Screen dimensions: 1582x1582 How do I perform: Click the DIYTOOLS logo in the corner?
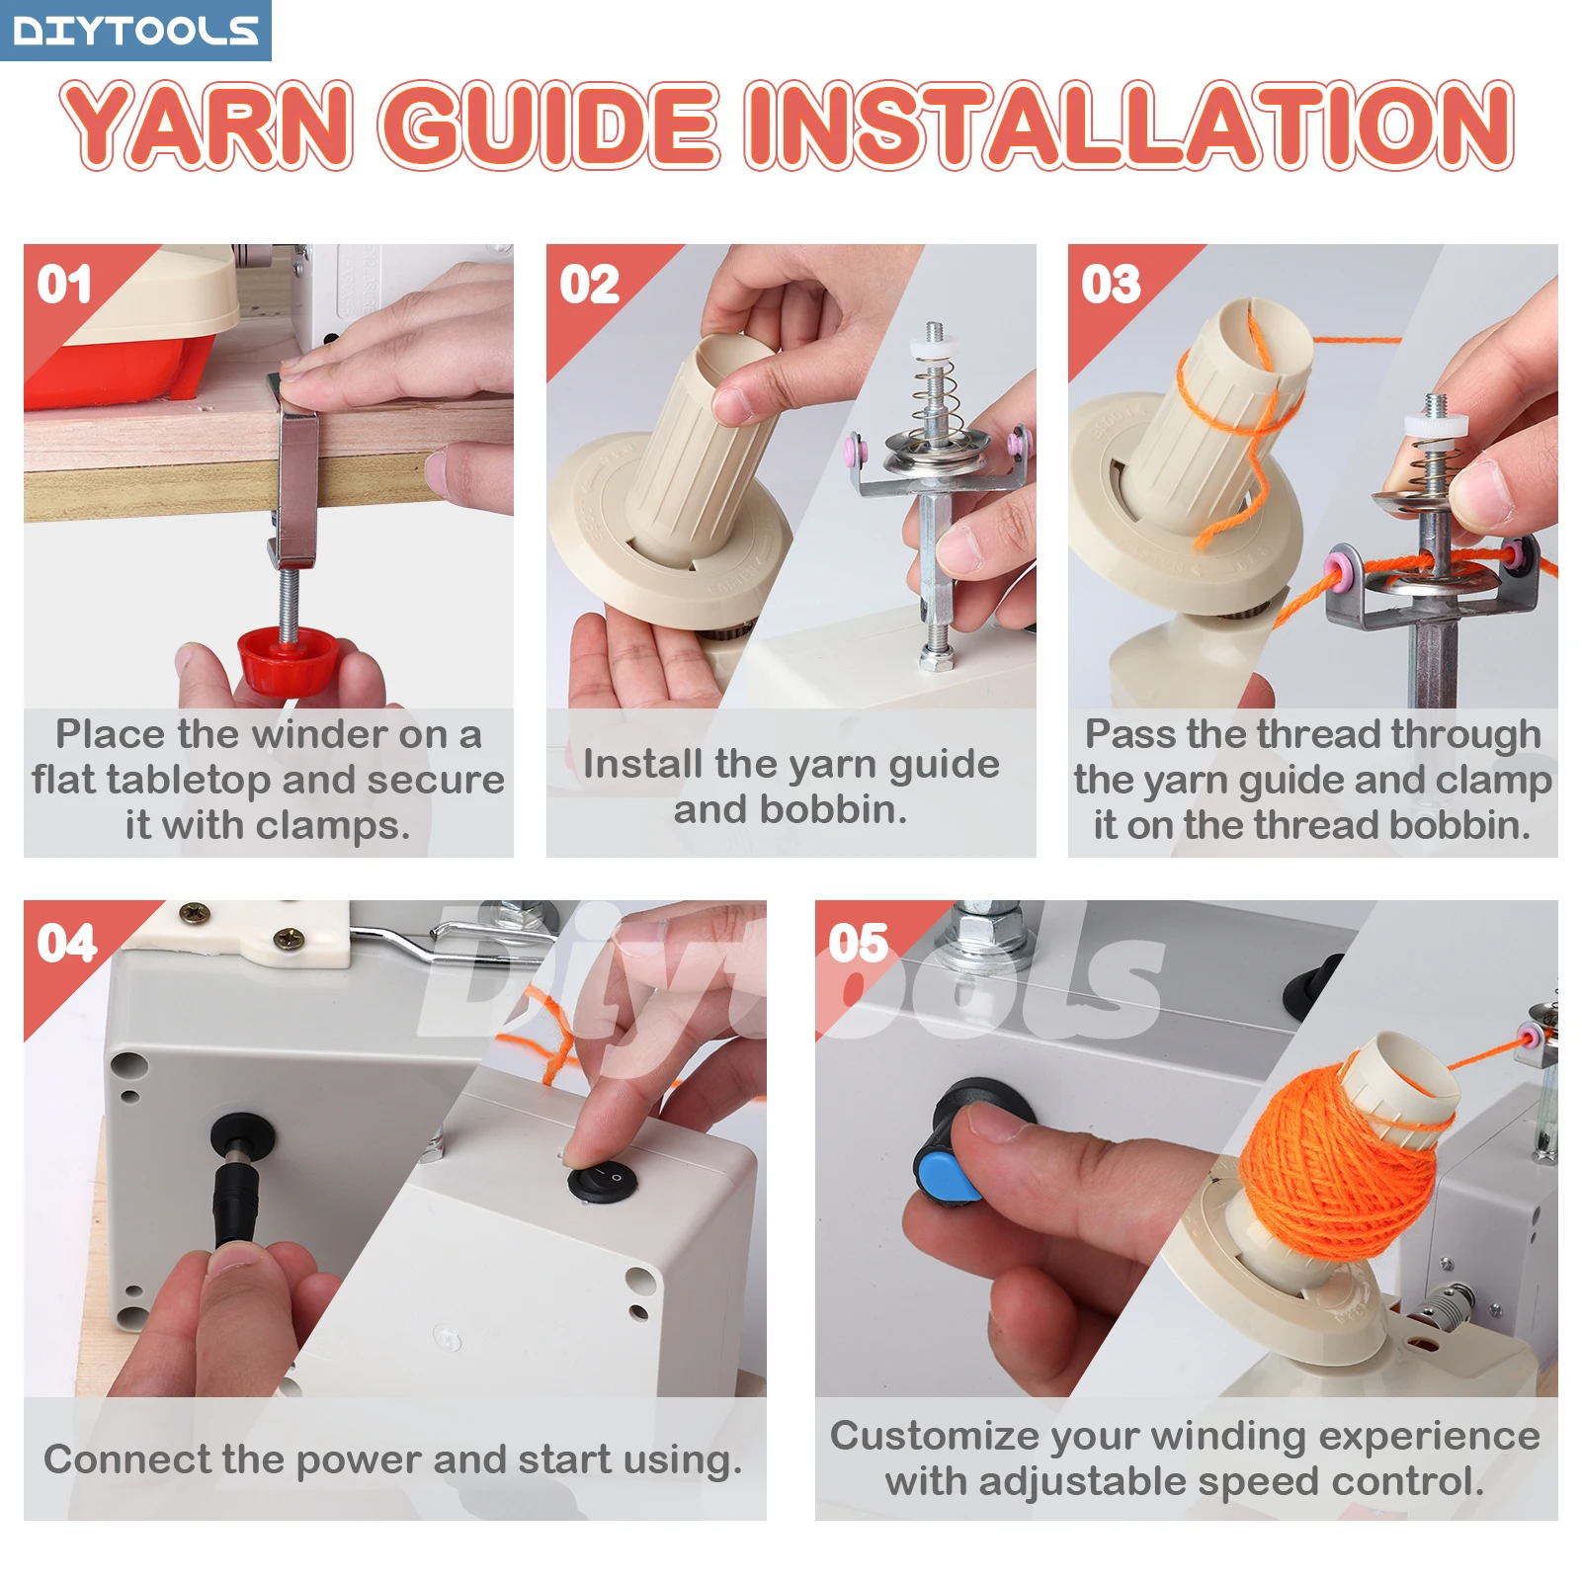pyautogui.click(x=135, y=30)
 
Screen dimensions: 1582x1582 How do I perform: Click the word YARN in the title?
pyautogui.click(x=207, y=126)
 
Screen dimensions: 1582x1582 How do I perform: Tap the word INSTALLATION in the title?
pyautogui.click(x=1128, y=126)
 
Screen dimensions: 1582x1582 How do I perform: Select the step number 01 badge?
pyautogui.click(x=64, y=285)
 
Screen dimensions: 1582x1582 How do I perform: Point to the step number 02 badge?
pyautogui.click(x=589, y=285)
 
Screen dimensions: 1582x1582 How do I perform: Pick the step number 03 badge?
pyautogui.click(x=1111, y=285)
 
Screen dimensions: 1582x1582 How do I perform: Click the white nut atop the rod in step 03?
pyautogui.click(x=1435, y=424)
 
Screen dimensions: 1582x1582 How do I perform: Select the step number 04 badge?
pyautogui.click(x=66, y=943)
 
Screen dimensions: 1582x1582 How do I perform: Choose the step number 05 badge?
pyautogui.click(x=858, y=943)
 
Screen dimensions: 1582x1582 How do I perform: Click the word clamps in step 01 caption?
pyautogui.click(x=351, y=826)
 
